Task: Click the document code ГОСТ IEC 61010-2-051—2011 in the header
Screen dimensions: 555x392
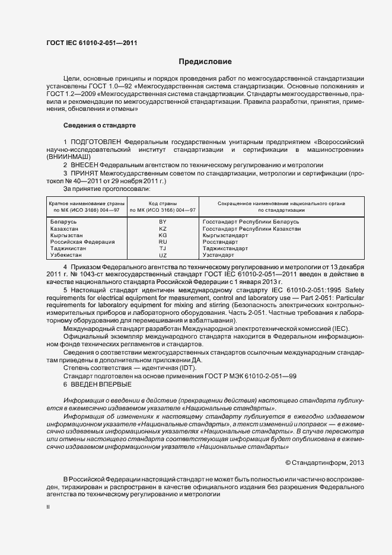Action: pyautogui.click(x=91, y=43)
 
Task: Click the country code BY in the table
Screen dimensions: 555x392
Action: pyautogui.click(x=162, y=221)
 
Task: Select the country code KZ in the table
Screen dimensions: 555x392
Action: pyautogui.click(x=162, y=228)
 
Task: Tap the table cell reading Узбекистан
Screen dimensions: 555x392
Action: pyautogui.click(x=67, y=254)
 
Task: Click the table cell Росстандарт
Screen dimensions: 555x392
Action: pyautogui.click(x=221, y=241)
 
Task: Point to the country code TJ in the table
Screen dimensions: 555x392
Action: pyautogui.click(x=162, y=248)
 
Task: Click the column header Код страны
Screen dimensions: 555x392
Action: pyautogui.click(x=162, y=203)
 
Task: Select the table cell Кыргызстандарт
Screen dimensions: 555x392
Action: pyautogui.click(x=225, y=235)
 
